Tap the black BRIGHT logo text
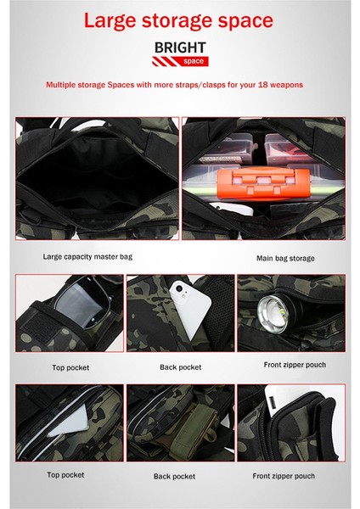click(180, 48)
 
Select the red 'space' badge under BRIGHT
click(194, 61)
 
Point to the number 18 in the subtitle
click(262, 85)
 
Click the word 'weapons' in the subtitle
click(286, 85)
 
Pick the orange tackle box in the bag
click(262, 184)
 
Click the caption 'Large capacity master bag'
click(87, 257)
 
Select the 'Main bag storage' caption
click(285, 259)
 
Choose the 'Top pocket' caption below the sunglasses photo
click(70, 367)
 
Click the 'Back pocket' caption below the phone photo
click(180, 367)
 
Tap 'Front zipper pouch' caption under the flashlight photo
click(295, 365)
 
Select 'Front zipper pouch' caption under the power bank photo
click(284, 476)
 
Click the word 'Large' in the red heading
click(110, 21)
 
